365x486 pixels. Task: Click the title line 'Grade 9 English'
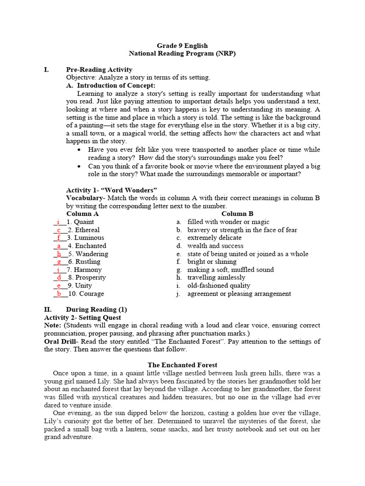(x=182, y=46)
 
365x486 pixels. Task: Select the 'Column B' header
(x=237, y=214)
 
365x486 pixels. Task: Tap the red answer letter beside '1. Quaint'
(x=58, y=222)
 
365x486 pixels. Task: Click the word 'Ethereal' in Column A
(x=87, y=230)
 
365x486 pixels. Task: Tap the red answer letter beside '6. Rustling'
(x=59, y=262)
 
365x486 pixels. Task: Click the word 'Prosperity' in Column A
(x=90, y=278)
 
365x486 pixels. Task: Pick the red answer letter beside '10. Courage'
(x=59, y=294)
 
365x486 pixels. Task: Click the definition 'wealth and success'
(x=215, y=246)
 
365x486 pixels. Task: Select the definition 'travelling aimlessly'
(x=216, y=278)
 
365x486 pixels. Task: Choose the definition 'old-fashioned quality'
(x=219, y=286)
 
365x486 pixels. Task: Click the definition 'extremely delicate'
(x=214, y=238)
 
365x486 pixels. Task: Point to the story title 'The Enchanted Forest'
(x=182, y=365)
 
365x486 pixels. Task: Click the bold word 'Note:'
(x=53, y=326)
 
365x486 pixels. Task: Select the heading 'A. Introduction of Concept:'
(x=111, y=85)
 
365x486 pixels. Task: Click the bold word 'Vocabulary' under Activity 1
(x=84, y=198)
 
